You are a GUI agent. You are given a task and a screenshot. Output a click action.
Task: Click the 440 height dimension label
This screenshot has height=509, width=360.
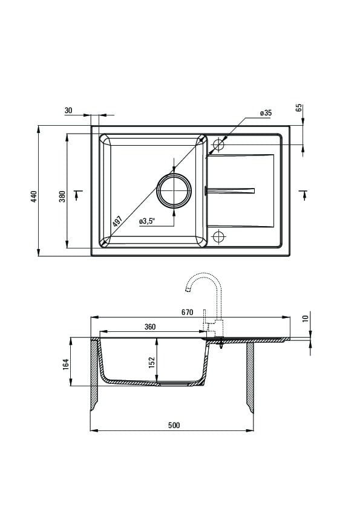tap(34, 196)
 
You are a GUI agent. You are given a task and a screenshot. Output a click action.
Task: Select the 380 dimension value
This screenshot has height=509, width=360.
tap(62, 196)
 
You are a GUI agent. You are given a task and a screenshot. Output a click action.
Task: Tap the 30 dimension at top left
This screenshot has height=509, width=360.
tap(68, 111)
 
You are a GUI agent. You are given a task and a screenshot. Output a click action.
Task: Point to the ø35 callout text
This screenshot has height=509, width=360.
tap(266, 113)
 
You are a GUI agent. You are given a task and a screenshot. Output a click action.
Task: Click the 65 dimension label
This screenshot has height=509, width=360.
tap(299, 108)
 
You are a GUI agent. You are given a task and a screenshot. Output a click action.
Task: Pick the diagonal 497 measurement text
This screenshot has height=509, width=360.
tap(117, 222)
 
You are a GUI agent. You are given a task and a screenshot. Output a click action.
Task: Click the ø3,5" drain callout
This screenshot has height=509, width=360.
tap(147, 221)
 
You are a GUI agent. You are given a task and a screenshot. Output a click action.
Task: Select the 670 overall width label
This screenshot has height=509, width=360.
tap(187, 313)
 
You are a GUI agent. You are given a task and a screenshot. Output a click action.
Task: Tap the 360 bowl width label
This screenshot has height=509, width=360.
tap(150, 326)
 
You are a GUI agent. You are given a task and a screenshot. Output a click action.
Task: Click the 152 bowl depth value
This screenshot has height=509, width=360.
tap(152, 363)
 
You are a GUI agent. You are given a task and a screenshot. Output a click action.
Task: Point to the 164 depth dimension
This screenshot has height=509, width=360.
tap(66, 365)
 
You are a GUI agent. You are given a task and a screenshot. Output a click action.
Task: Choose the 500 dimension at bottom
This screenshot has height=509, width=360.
tap(174, 425)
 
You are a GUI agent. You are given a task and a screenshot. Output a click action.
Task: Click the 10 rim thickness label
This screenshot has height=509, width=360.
tap(306, 319)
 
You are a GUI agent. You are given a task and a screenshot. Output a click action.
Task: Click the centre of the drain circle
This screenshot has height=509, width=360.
tap(174, 190)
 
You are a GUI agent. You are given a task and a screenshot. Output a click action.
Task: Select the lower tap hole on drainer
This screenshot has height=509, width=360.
tap(218, 236)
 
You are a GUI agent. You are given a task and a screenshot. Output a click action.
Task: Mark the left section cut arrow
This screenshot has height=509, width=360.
tap(78, 195)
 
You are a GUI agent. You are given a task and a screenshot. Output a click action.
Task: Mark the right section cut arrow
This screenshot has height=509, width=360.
tap(304, 195)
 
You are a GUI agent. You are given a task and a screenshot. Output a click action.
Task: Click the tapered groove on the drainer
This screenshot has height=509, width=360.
tap(229, 190)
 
